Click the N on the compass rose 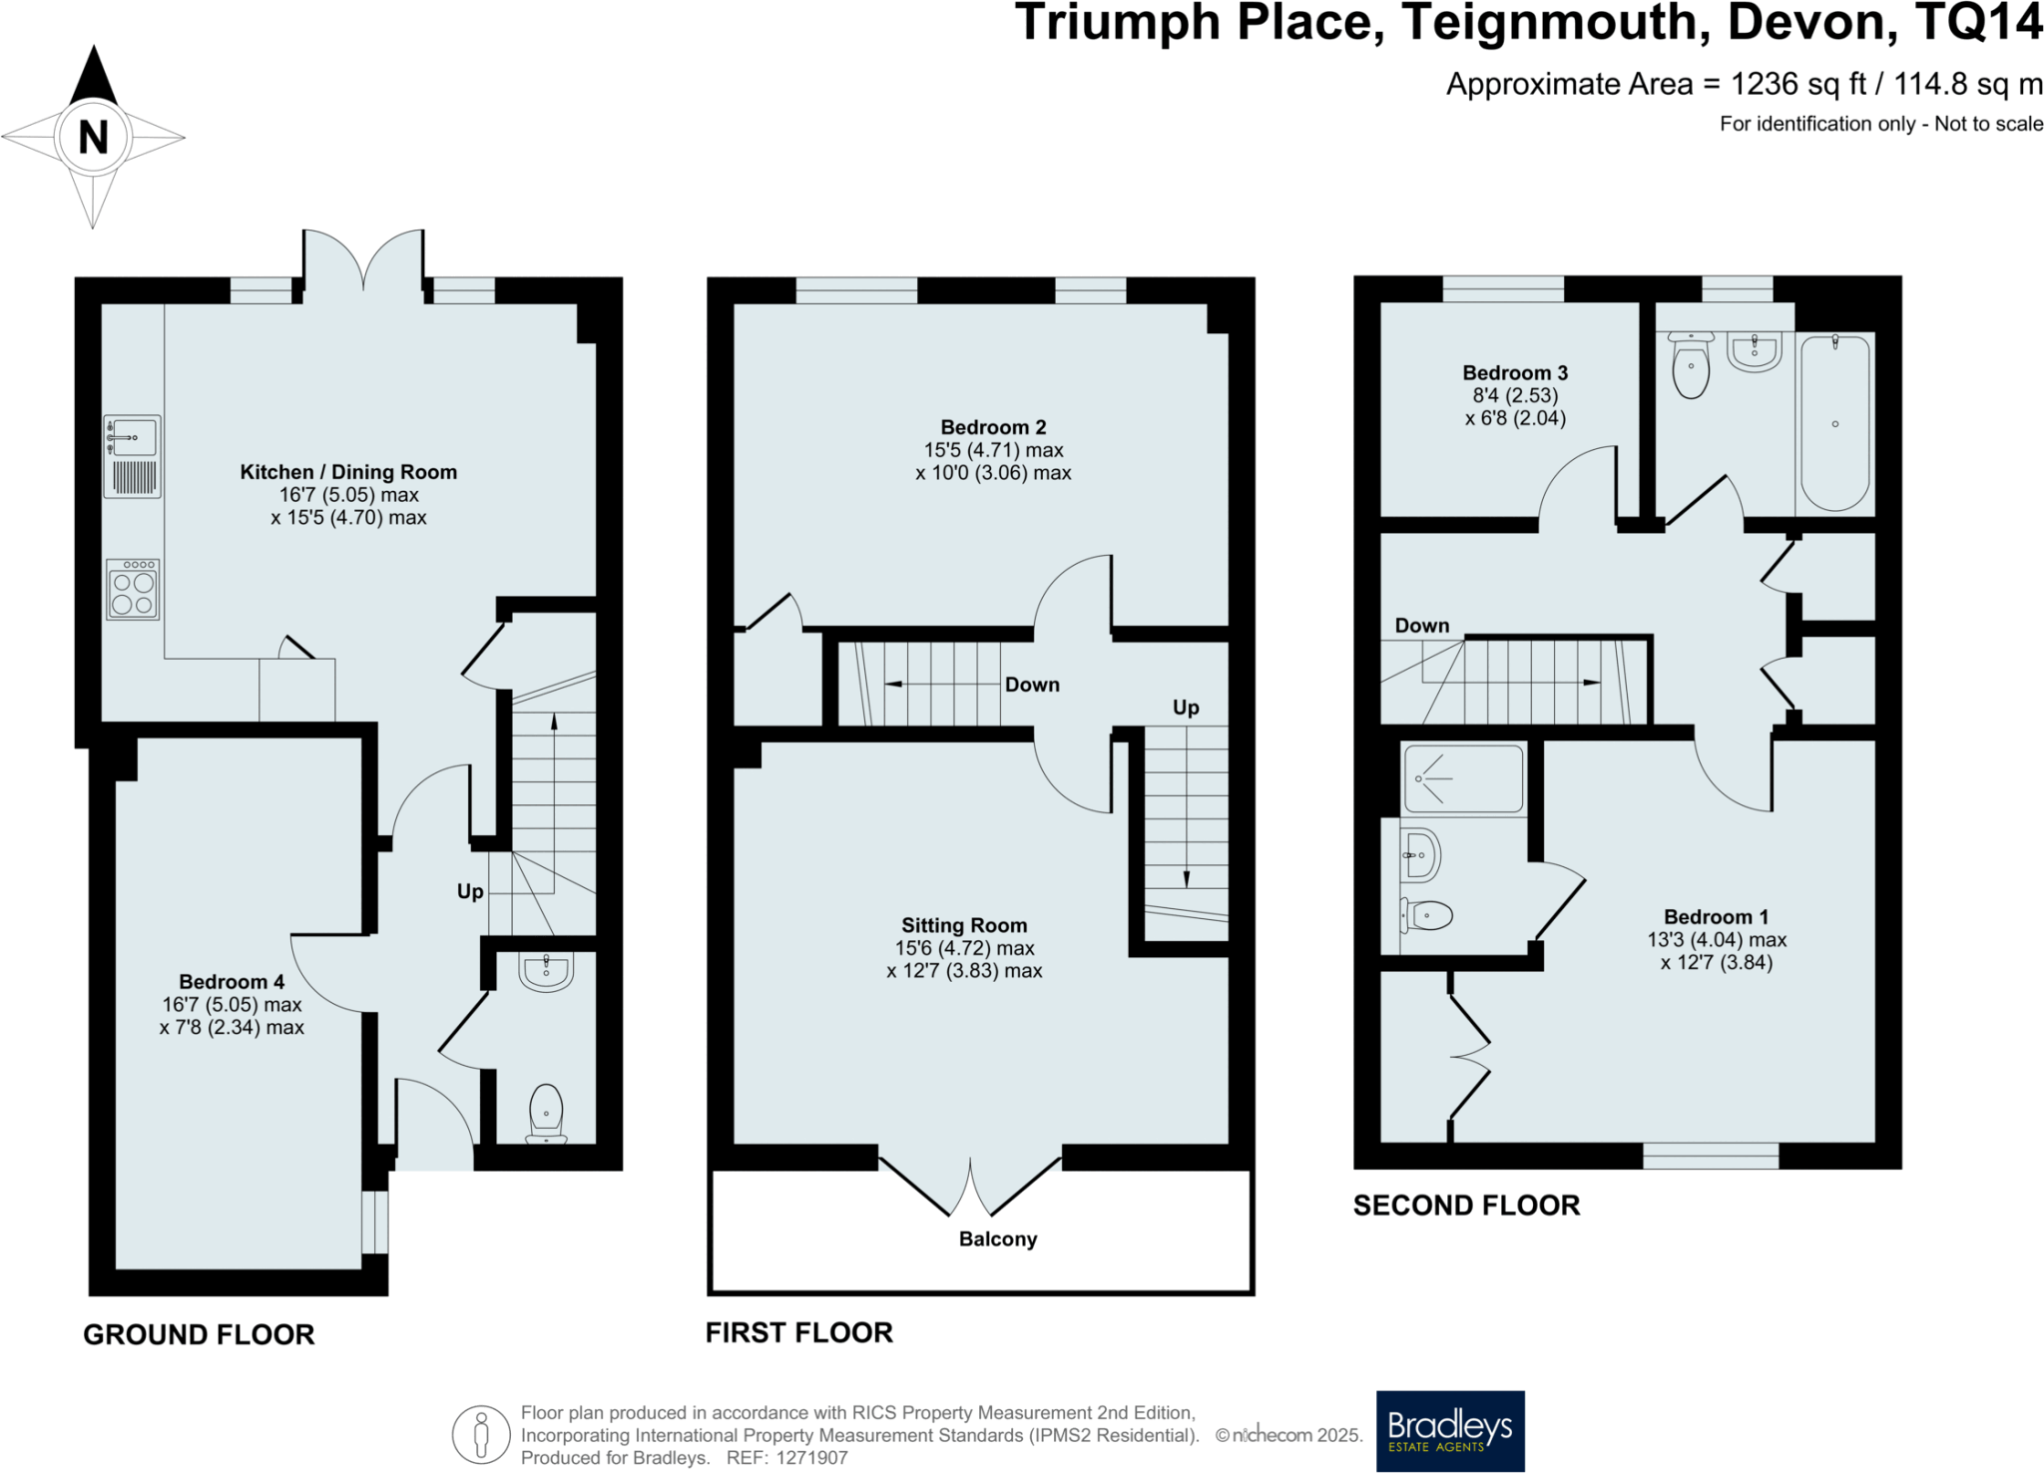click(93, 137)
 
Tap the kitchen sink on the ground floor click(132, 437)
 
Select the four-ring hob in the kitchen click(133, 590)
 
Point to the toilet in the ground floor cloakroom click(547, 1114)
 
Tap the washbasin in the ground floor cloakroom click(547, 971)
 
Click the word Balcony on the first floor click(998, 1239)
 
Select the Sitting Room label click(964, 925)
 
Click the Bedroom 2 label click(993, 427)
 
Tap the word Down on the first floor click(1032, 685)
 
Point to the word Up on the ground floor click(470, 891)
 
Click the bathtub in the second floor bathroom click(1834, 423)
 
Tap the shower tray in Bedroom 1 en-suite click(1463, 778)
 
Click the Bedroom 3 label click(1515, 372)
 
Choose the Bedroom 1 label click(1716, 916)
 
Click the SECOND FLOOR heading click(1466, 1206)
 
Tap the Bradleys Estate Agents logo click(1450, 1431)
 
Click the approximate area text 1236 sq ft click(1797, 84)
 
